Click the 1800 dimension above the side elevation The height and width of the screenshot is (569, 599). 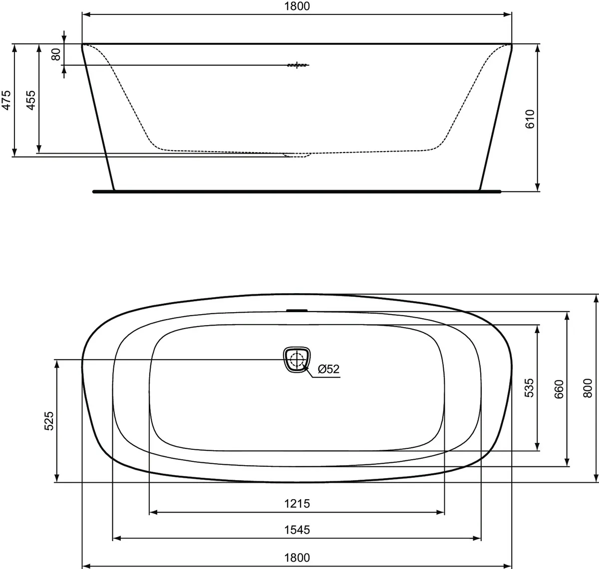297,6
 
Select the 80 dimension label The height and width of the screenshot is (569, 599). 56,53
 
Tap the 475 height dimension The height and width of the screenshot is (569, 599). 6,100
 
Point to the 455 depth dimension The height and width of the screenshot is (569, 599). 30,100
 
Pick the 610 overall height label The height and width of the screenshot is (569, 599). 530,119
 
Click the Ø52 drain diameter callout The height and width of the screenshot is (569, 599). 328,369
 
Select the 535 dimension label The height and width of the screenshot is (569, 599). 529,388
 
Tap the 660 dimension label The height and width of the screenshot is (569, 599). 559,389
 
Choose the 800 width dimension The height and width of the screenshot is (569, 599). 588,388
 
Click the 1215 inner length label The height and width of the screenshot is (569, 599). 297,504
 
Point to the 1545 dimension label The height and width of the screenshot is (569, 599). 297,530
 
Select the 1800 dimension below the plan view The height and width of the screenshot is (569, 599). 297,558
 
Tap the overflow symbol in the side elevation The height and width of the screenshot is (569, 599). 298,65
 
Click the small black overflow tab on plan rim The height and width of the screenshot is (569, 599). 297,310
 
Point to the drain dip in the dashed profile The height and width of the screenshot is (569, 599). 298,156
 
